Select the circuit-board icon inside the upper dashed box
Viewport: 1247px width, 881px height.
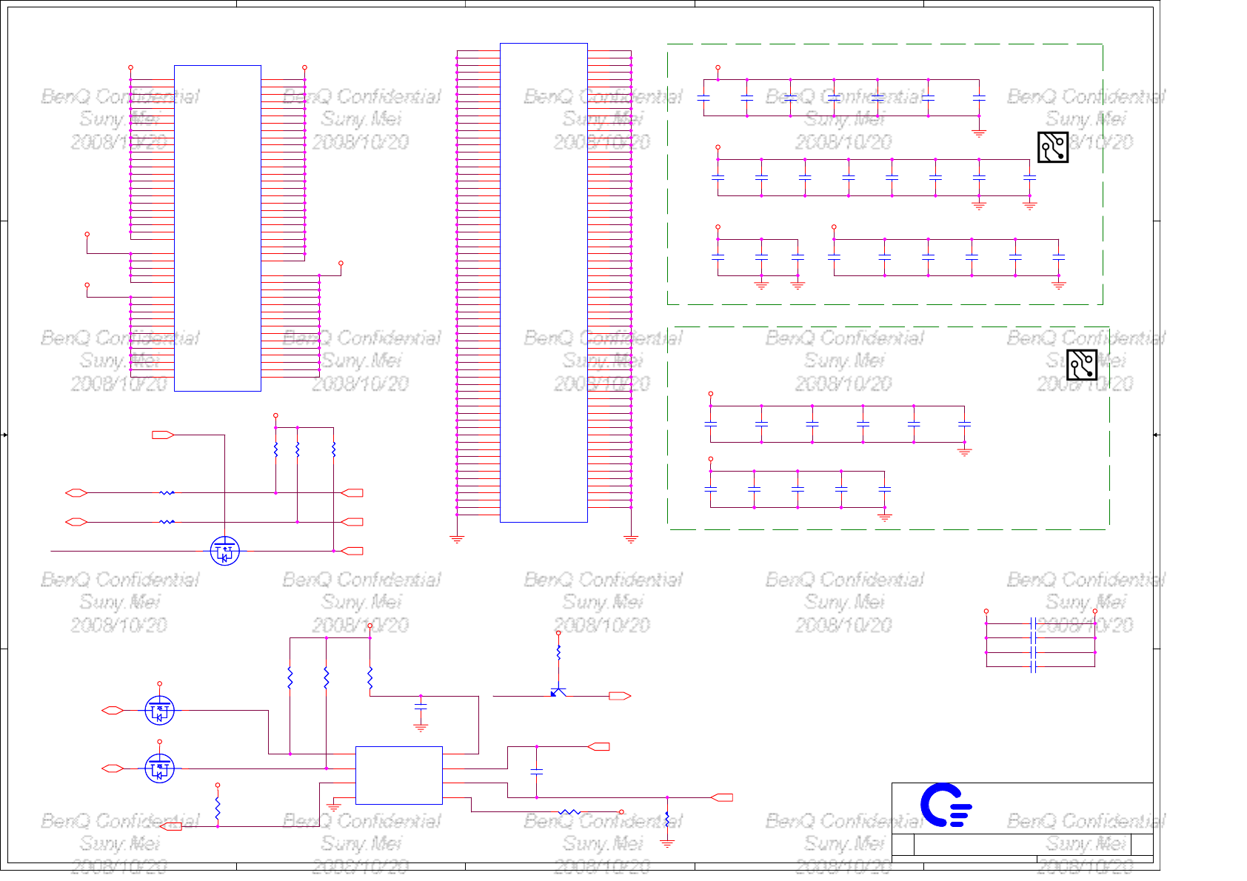coord(1052,147)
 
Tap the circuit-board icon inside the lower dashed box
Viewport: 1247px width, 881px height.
coord(1081,364)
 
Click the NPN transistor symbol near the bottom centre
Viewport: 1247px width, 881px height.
coord(558,692)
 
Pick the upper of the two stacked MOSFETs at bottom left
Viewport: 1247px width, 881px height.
coord(159,711)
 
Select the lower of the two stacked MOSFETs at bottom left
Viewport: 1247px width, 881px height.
coord(159,769)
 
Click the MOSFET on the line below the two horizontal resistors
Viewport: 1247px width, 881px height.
coord(224,551)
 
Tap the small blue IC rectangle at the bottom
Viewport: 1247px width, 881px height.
coord(398,775)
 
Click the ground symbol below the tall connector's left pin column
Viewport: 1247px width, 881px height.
coord(457,539)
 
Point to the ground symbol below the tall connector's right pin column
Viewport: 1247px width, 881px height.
coord(631,539)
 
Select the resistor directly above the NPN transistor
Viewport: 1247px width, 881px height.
coord(558,652)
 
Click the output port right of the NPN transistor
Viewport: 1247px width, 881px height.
coord(619,696)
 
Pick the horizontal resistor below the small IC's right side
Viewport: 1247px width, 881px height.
coord(569,812)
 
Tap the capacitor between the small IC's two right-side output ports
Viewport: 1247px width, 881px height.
coord(537,771)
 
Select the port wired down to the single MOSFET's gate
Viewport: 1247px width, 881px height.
coord(163,435)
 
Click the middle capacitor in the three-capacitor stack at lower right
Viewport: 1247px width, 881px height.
coord(1033,652)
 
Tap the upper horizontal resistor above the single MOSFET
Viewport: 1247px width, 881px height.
coord(167,492)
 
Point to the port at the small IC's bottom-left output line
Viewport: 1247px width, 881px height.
coord(171,826)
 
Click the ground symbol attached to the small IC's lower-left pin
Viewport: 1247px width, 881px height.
coord(333,807)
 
